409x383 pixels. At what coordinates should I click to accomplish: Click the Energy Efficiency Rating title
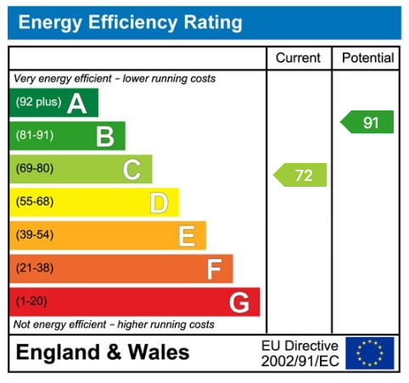[130, 23]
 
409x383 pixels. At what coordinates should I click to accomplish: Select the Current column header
[299, 59]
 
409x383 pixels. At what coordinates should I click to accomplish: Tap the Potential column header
[367, 59]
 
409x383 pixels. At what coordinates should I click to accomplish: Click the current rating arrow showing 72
[300, 176]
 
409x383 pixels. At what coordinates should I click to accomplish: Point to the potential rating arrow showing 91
[367, 122]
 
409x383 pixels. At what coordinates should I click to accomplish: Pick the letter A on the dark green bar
[77, 104]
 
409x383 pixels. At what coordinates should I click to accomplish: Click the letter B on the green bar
[104, 136]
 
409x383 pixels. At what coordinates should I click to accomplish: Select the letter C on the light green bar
[132, 169]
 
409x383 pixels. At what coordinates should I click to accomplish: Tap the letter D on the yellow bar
[159, 202]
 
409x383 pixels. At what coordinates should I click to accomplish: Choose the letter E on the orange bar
[186, 235]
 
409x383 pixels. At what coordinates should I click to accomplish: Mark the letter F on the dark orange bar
[214, 269]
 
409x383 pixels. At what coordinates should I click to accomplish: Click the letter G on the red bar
[239, 301]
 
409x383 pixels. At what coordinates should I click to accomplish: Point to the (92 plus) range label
[38, 104]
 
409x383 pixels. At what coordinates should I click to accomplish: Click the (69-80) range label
[34, 169]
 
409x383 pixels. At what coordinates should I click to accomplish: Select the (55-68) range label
[34, 202]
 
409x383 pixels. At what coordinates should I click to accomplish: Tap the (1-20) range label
[31, 301]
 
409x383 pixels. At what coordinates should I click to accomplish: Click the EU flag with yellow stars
[370, 353]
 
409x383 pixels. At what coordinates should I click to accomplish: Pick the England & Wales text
[103, 353]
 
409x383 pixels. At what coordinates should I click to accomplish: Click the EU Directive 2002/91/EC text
[299, 353]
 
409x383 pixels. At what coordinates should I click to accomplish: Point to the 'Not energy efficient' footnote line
[114, 324]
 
